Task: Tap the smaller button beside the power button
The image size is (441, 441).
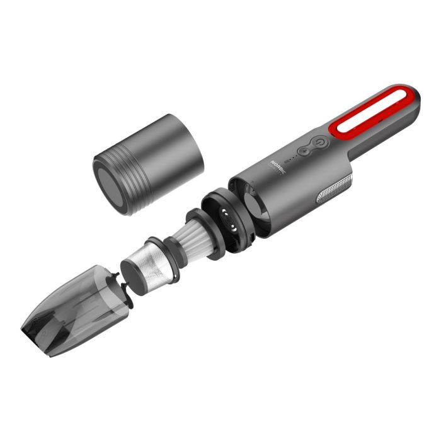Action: pyautogui.click(x=305, y=151)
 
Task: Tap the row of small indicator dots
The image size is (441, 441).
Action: pyautogui.click(x=292, y=159)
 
